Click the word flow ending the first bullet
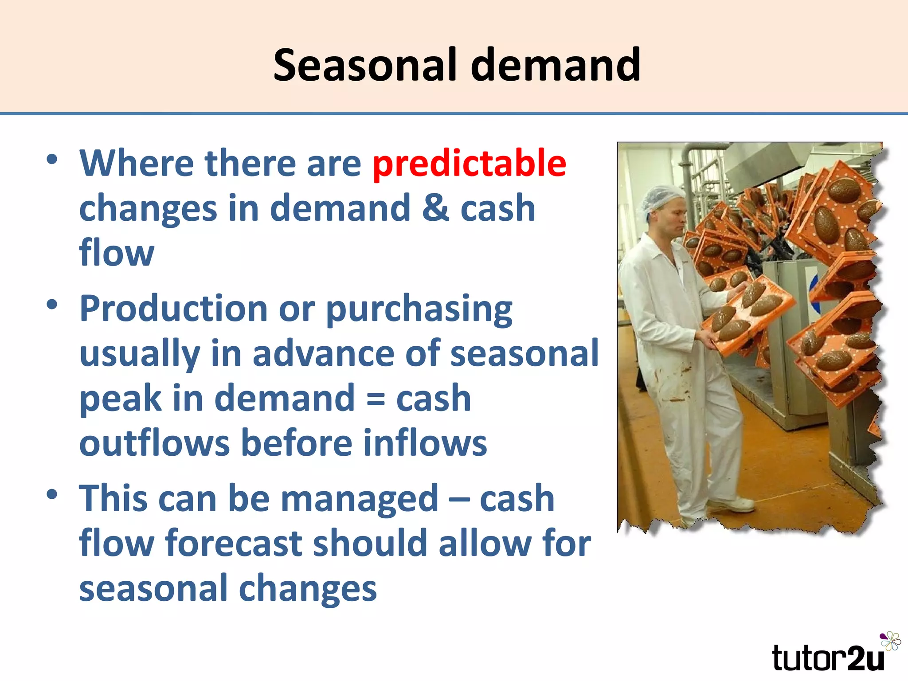(117, 253)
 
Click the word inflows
(425, 443)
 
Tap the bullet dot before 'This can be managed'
(52, 495)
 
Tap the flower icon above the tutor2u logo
(890, 641)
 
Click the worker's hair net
(661, 200)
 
